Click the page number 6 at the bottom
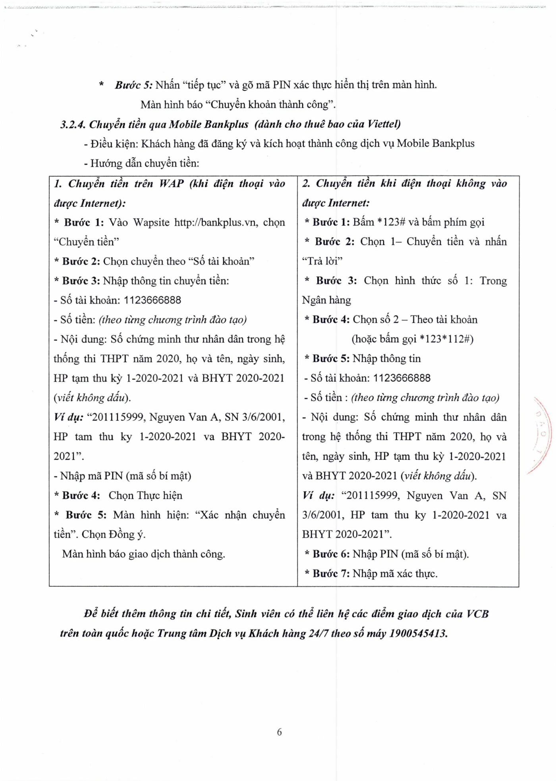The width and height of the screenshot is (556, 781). tap(279, 732)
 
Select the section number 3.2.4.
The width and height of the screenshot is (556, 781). tap(73, 125)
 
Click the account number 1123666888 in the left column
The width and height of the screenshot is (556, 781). tap(153, 300)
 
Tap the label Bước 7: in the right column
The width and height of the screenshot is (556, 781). tap(331, 574)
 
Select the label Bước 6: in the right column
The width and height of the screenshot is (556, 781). tap(331, 554)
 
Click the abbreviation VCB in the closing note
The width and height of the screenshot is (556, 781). tap(477, 614)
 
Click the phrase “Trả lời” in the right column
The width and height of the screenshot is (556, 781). tap(322, 261)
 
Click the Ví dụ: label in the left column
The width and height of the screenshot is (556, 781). tap(68, 417)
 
